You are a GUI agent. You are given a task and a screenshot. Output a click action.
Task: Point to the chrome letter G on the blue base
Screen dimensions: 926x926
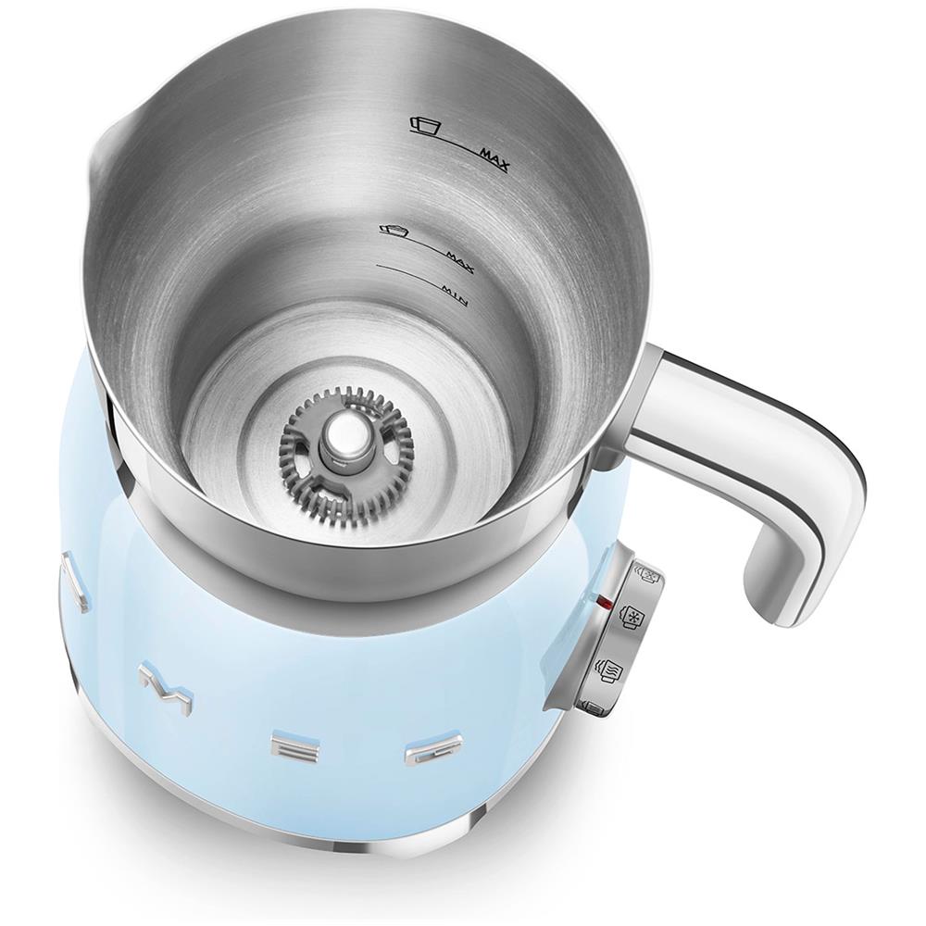[x=425, y=747]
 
